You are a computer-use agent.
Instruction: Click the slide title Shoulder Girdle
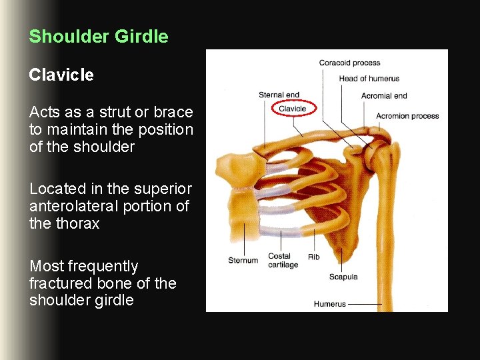point(99,36)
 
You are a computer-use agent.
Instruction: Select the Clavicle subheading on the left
point(61,75)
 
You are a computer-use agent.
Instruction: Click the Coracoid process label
point(349,63)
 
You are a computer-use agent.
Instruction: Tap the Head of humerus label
point(369,79)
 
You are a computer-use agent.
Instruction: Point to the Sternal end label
point(279,95)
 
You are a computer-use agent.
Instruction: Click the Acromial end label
point(384,95)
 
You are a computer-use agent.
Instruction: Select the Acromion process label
point(407,115)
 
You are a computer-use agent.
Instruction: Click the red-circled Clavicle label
point(292,109)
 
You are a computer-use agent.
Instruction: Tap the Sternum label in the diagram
point(243,260)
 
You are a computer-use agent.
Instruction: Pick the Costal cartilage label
point(283,261)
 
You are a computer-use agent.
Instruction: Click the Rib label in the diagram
point(313,257)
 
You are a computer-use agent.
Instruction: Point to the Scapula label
point(343,277)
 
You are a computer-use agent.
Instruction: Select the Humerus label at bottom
point(330,304)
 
